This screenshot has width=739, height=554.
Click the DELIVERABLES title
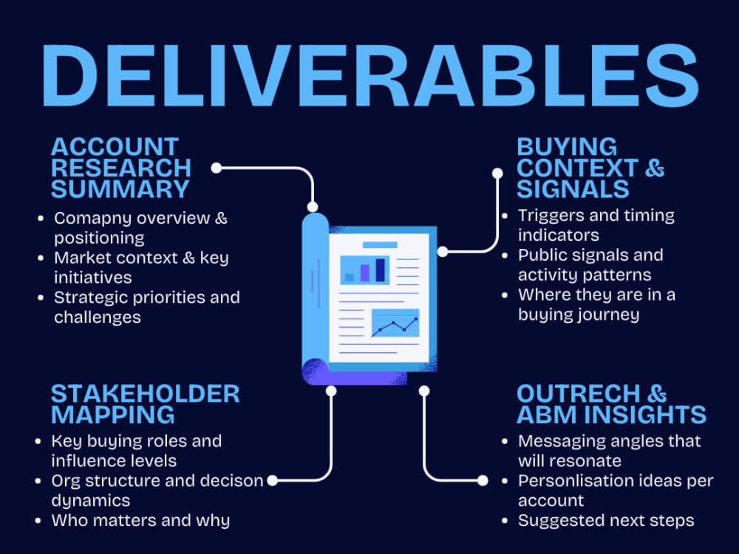(370, 75)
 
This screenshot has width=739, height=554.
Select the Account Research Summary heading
(120, 168)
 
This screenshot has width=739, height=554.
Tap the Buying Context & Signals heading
(590, 168)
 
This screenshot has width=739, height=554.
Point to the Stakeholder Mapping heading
(145, 404)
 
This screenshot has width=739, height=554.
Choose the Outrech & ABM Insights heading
(611, 404)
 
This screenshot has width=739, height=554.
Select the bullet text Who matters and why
(140, 521)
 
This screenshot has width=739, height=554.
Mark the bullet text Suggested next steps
(606, 521)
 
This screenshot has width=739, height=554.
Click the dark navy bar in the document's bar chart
(381, 270)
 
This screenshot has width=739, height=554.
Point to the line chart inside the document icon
(395, 324)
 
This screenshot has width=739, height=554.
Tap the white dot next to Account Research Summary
(217, 168)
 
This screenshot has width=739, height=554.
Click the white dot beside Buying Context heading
(497, 174)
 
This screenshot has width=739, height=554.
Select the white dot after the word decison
(273, 481)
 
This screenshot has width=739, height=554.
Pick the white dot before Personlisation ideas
(483, 481)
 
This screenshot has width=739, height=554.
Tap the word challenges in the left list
(97, 318)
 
